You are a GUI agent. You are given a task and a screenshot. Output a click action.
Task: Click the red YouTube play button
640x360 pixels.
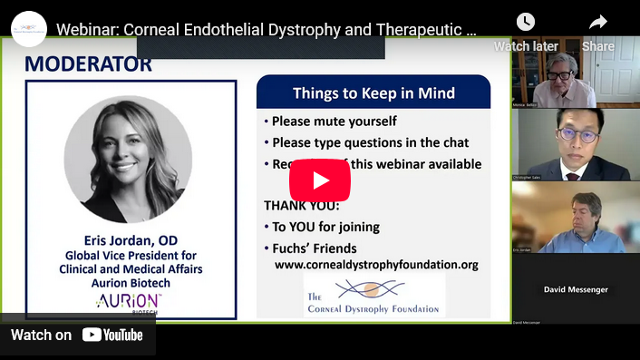[x=320, y=180]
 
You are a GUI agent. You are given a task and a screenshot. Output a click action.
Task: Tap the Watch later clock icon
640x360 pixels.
[x=525, y=23]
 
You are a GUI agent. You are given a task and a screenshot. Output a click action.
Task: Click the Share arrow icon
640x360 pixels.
[x=598, y=23]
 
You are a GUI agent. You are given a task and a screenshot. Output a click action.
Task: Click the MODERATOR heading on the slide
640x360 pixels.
[x=88, y=64]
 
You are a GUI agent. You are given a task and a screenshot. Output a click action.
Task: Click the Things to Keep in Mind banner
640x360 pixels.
[x=373, y=93]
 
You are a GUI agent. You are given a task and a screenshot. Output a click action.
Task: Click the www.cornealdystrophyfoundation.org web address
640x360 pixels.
[x=376, y=265]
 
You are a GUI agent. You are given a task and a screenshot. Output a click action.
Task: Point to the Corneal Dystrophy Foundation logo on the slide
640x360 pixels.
[x=373, y=297]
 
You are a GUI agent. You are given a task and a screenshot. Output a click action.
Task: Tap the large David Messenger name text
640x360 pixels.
[x=576, y=289]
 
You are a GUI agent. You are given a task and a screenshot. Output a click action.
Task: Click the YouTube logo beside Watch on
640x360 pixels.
[x=112, y=335]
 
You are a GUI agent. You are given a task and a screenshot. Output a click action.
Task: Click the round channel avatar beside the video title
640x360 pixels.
[x=29, y=29]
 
